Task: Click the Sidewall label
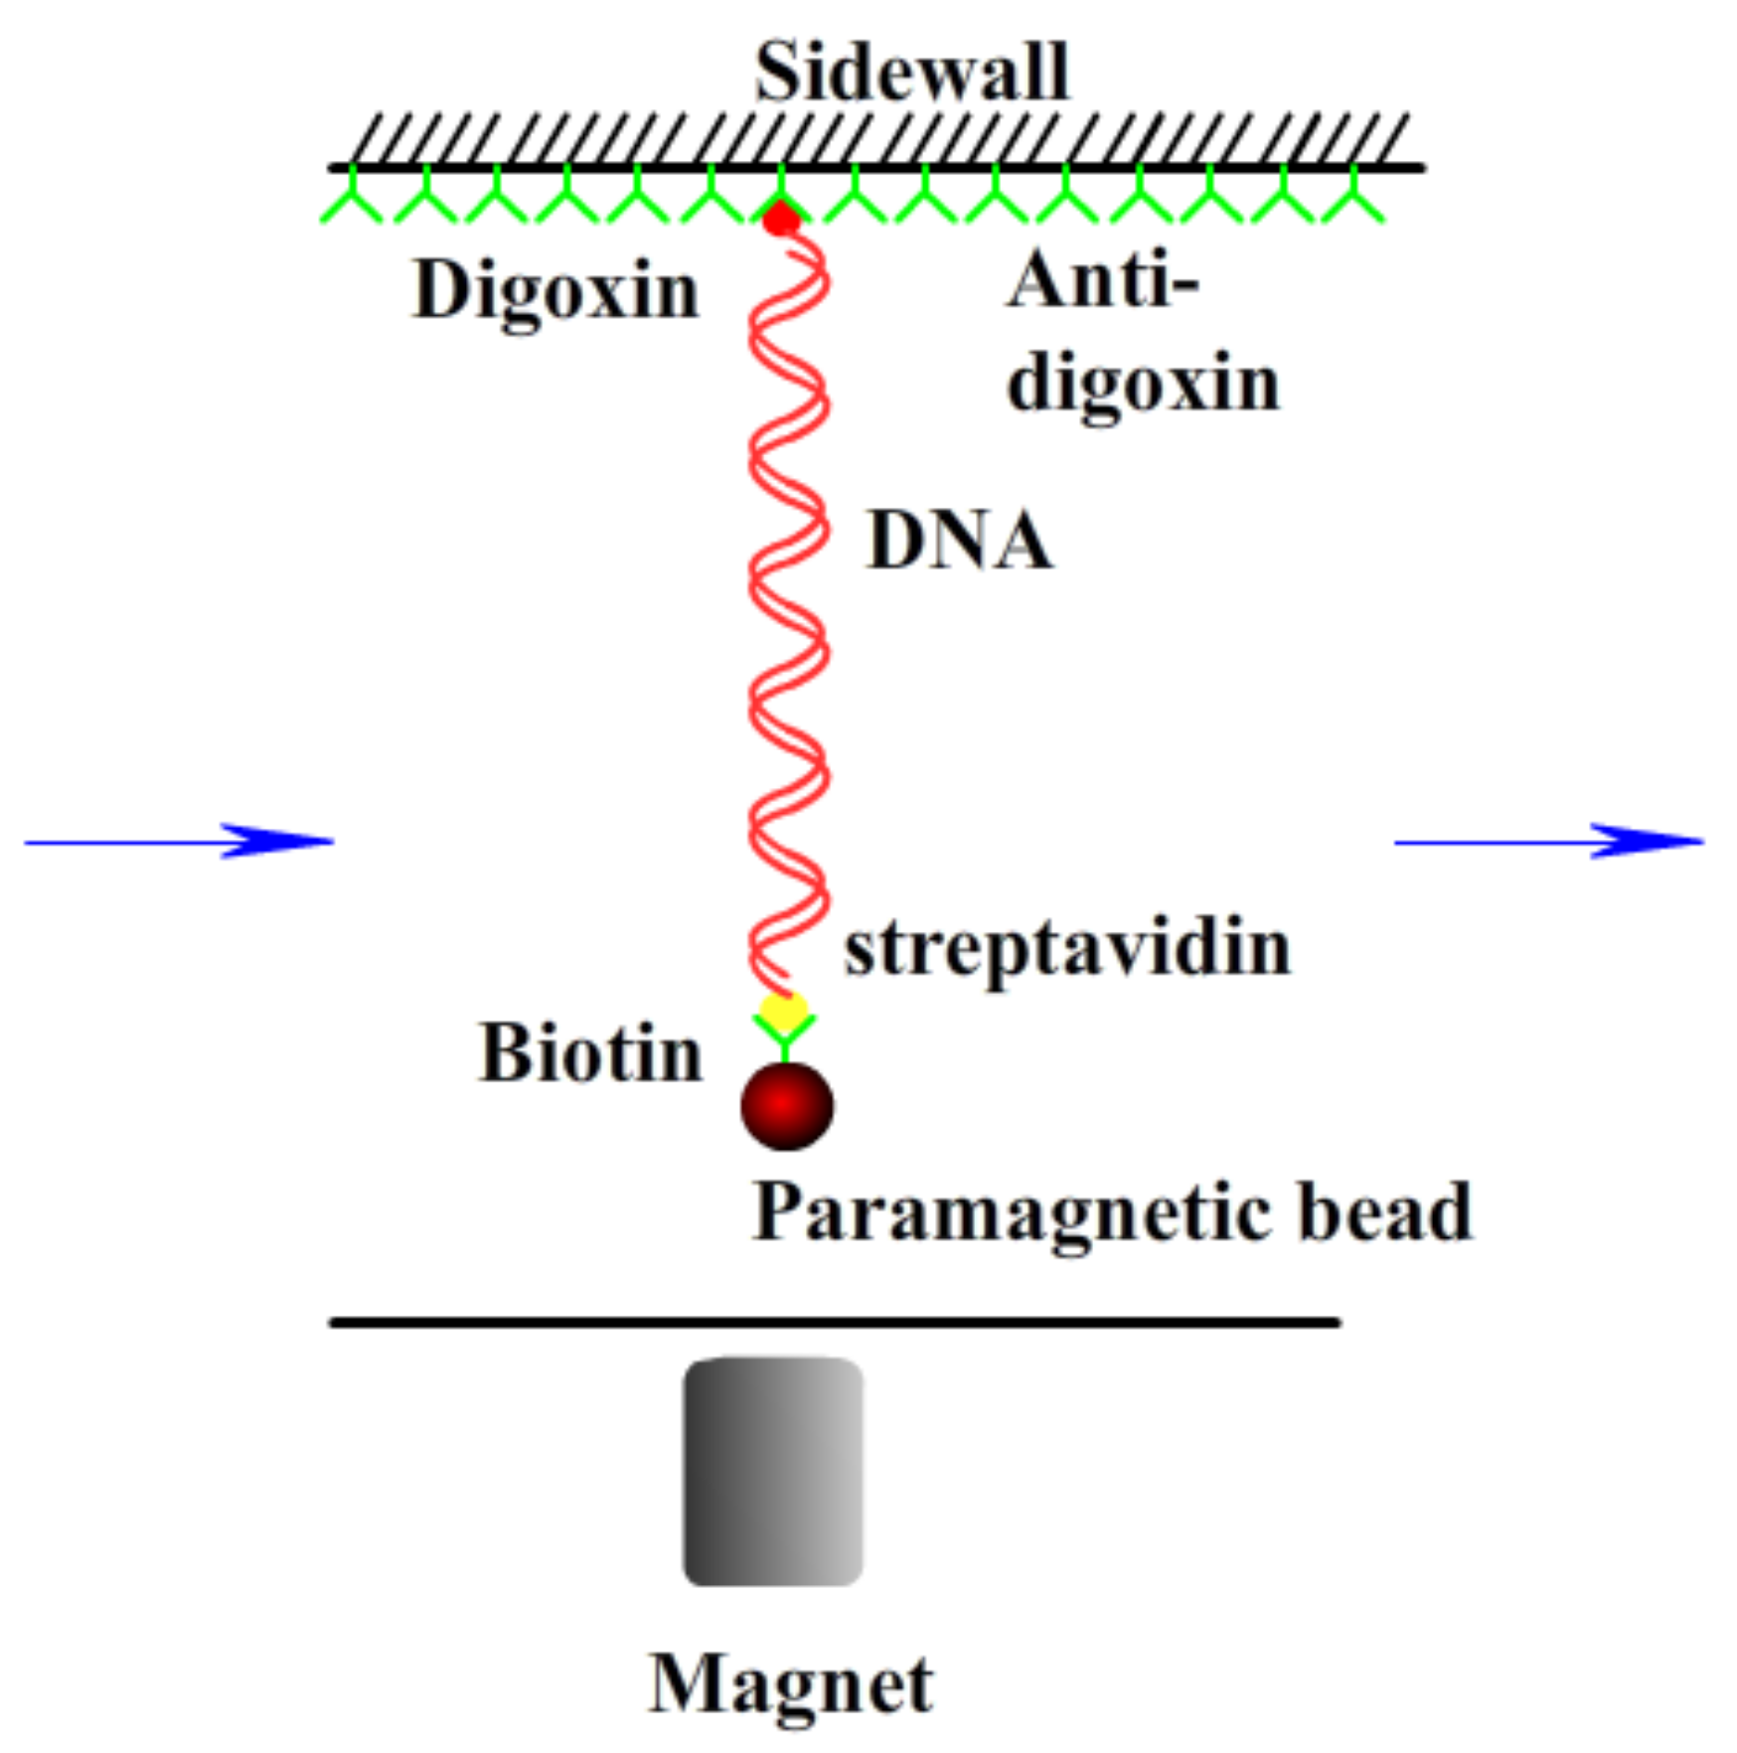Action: click(911, 73)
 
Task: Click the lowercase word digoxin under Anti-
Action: click(1143, 386)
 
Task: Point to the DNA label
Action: click(959, 542)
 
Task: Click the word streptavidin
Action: click(1067, 950)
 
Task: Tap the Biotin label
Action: click(590, 1054)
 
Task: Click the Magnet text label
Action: click(790, 1685)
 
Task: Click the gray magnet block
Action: click(772, 1471)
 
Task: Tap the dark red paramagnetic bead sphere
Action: click(786, 1105)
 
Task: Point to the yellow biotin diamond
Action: click(783, 1012)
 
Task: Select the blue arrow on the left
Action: click(179, 842)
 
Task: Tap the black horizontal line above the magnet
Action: click(835, 1323)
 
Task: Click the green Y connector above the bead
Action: click(784, 1038)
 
